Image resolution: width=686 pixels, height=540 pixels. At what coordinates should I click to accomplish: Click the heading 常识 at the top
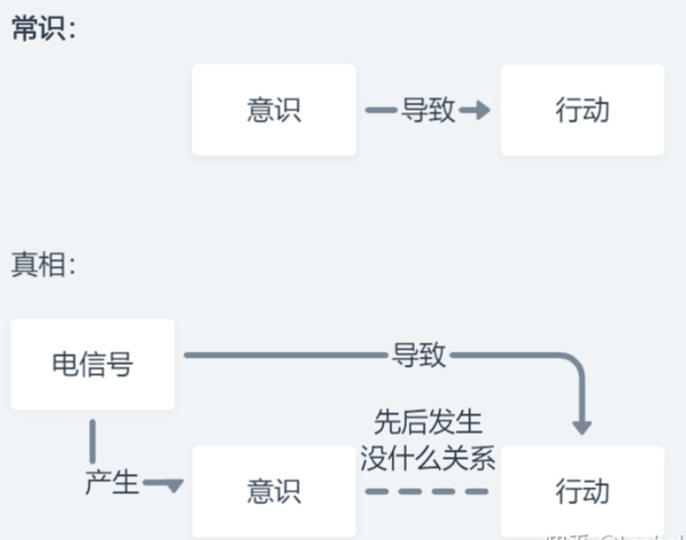pos(44,29)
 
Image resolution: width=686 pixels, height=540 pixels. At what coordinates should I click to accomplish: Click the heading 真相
pos(44,264)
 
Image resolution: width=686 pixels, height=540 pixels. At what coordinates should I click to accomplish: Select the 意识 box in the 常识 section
pos(274,110)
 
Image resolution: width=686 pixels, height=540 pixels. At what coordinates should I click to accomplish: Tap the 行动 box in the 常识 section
pos(582,110)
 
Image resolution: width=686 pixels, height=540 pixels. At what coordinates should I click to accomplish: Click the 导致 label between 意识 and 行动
pos(428,111)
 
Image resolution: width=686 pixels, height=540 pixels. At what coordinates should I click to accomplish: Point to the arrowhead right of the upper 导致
pos(479,111)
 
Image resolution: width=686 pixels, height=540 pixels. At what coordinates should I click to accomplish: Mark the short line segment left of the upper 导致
pos(381,111)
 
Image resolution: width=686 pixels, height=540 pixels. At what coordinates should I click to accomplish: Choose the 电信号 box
pos(92,364)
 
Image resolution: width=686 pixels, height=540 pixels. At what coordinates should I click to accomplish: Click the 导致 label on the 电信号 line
pos(419,356)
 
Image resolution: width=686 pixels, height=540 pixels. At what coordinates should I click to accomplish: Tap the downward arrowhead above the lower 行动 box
pos(582,427)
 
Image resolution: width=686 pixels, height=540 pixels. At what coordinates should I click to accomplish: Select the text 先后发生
pos(427,421)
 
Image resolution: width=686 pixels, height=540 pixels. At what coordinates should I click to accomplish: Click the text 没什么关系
pos(427,460)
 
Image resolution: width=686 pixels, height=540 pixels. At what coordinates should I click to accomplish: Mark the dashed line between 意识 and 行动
pos(427,491)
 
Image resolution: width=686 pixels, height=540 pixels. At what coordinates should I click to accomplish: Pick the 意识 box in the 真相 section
pos(274,491)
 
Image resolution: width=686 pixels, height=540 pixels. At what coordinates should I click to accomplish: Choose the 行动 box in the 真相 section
pos(582,491)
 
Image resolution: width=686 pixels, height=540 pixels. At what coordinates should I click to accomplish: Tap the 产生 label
pos(112,483)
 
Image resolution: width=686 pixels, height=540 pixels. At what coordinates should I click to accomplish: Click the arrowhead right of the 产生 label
pos(173,486)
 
